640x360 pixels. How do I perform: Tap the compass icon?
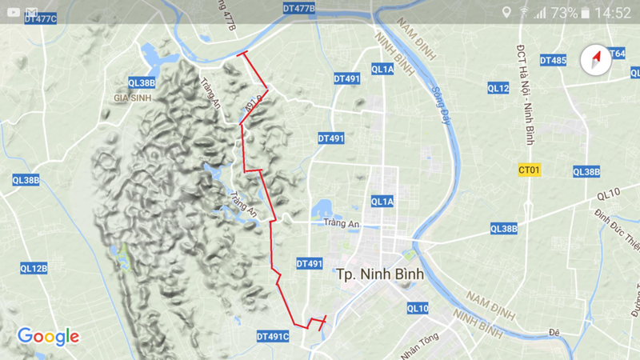click(x=595, y=61)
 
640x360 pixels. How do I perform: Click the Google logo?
click(x=49, y=336)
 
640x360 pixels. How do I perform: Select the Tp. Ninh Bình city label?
click(x=380, y=274)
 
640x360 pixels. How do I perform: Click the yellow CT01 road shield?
click(x=529, y=170)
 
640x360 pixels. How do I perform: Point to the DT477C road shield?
click(x=40, y=18)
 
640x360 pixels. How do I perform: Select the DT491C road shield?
click(x=273, y=337)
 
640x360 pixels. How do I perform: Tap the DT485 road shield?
click(x=553, y=61)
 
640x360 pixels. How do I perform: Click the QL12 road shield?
click(x=498, y=88)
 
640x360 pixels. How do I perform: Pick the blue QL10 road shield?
click(x=418, y=308)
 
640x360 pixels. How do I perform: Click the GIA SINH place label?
click(x=133, y=98)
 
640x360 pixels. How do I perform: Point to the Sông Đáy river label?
click(x=442, y=104)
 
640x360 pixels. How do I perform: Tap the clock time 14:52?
click(x=613, y=13)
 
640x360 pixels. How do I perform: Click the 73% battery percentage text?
click(x=564, y=13)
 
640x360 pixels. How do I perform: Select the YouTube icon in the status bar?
click(x=12, y=13)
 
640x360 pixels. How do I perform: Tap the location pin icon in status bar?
click(x=506, y=13)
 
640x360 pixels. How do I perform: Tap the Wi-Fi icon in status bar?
click(x=524, y=13)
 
